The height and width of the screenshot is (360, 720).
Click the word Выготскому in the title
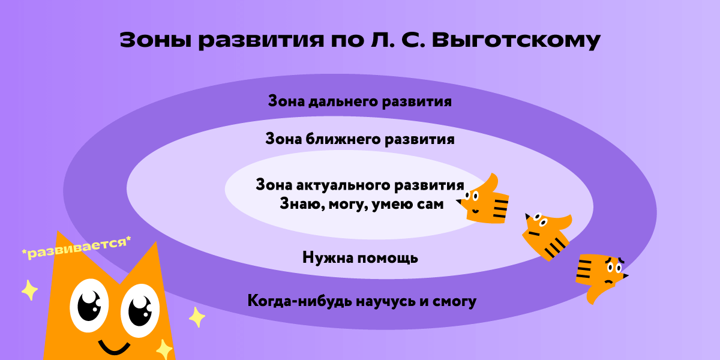[x=515, y=40]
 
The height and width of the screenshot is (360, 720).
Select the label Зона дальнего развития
[x=359, y=101]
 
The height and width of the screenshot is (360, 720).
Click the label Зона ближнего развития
[x=359, y=140]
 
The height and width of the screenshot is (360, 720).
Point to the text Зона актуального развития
[x=360, y=184]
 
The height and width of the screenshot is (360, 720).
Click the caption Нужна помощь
[x=360, y=259]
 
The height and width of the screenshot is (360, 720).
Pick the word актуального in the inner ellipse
[x=346, y=184]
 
